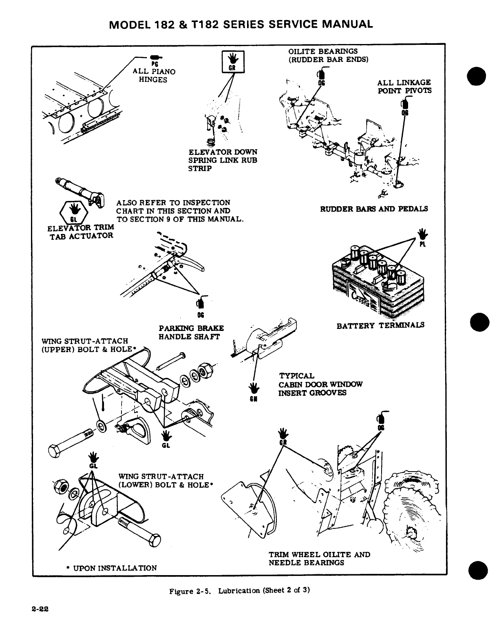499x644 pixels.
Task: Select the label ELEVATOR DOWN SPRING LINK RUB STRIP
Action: coord(223,160)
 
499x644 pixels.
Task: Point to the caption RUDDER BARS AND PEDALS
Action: coord(374,209)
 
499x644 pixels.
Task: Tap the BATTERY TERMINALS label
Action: coord(380,325)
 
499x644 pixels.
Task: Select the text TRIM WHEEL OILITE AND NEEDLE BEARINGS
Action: coord(319,558)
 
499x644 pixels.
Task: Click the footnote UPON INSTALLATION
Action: coord(111,568)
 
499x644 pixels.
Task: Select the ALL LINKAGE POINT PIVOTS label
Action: coord(404,86)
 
